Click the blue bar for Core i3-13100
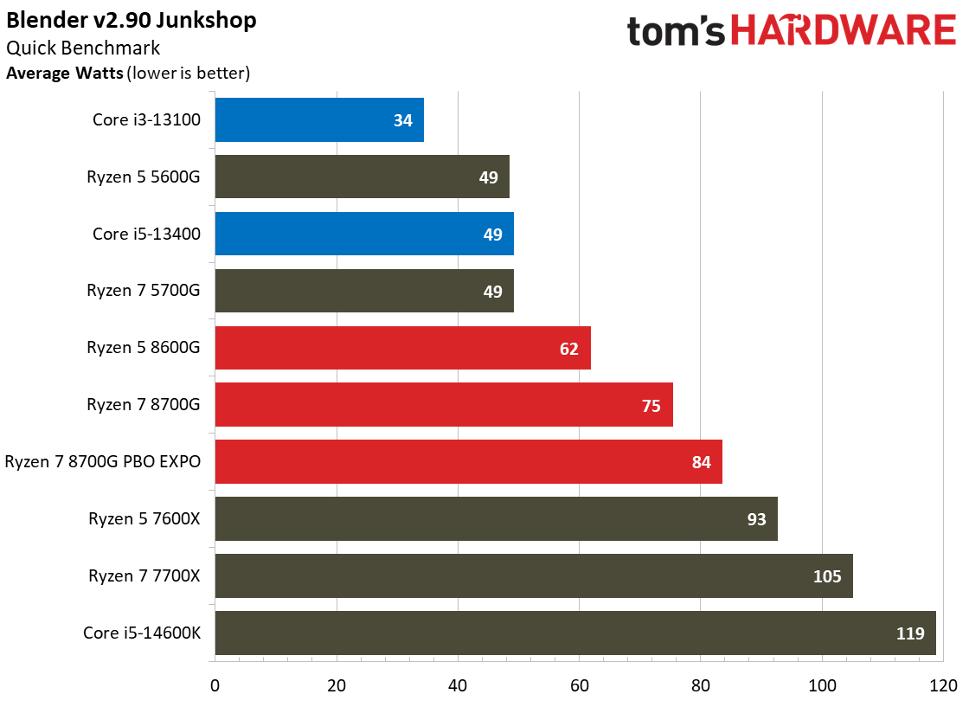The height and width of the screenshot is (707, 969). [318, 120]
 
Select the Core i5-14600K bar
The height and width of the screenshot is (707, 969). [574, 633]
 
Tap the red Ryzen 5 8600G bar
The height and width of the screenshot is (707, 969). [402, 348]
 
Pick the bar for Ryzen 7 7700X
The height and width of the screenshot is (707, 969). [533, 575]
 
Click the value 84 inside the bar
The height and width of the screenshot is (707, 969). [701, 462]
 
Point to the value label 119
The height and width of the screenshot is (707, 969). [910, 633]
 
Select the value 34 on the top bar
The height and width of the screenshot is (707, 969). [402, 120]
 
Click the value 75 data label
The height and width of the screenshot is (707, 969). [651, 405]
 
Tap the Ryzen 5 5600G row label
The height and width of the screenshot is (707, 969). [144, 177]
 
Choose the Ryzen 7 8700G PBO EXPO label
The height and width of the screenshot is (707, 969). [103, 462]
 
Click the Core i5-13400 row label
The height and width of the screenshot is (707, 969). [147, 234]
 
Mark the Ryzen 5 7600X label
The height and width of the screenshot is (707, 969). [144, 518]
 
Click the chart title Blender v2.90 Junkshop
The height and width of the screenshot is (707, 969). [132, 20]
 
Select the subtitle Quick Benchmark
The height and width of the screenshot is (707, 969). [83, 48]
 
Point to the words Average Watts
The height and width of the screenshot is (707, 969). [65, 73]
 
